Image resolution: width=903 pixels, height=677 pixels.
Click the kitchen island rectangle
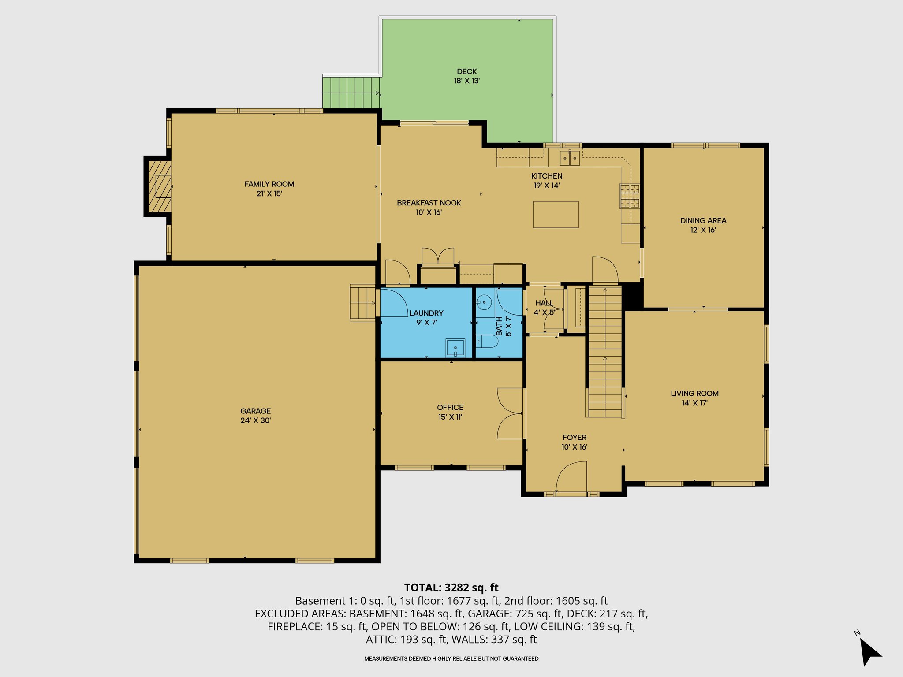[556, 215]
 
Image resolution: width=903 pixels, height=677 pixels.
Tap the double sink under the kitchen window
[570, 158]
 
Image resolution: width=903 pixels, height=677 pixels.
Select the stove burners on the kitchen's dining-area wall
[630, 196]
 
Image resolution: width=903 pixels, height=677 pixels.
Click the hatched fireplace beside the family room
[159, 186]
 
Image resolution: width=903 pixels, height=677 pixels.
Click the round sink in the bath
[484, 302]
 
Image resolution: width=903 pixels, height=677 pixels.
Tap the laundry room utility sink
[455, 348]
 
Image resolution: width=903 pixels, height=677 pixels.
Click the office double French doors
[510, 413]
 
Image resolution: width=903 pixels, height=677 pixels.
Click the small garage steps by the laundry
[362, 303]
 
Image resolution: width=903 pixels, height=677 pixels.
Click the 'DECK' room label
[467, 71]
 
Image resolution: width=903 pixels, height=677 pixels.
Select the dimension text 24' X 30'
[255, 420]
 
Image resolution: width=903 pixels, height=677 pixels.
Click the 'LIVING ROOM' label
[694, 394]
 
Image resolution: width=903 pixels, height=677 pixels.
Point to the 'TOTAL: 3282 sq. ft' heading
[451, 588]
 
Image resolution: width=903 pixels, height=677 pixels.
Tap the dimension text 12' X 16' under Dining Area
[703, 230]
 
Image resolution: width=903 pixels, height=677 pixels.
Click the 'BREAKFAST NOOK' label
[429, 203]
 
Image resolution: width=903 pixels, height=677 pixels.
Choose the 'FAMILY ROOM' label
[269, 184]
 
